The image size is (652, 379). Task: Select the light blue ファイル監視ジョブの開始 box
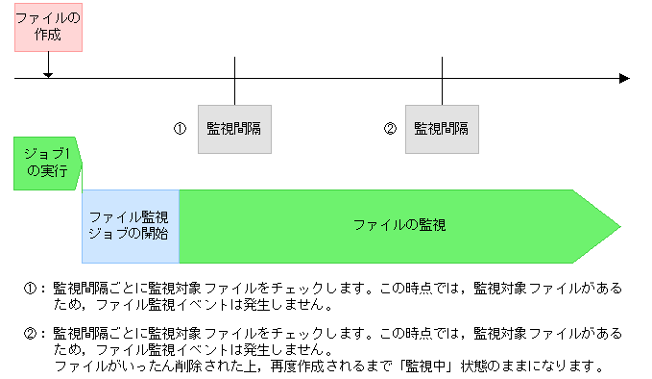[x=131, y=226]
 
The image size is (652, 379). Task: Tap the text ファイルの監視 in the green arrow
[x=398, y=225]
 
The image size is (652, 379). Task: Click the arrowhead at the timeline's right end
[x=624, y=78]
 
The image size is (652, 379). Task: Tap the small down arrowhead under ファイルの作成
[x=48, y=73]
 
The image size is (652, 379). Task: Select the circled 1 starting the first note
[x=30, y=288]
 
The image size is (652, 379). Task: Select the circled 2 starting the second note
[x=30, y=333]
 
